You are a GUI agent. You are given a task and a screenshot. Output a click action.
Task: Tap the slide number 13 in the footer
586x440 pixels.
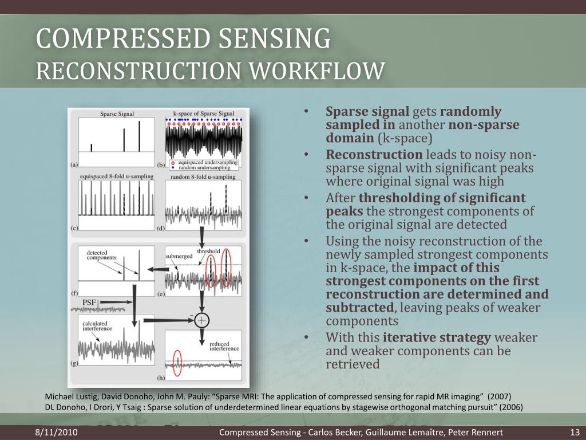click(x=576, y=431)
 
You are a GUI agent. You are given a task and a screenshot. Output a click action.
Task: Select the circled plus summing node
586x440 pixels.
click(x=201, y=320)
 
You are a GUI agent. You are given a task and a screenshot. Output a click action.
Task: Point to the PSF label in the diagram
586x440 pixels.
click(x=89, y=302)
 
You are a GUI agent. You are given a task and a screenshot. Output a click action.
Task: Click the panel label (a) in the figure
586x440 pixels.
click(x=74, y=164)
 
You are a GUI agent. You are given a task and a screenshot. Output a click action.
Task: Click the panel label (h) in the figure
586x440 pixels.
click(x=161, y=378)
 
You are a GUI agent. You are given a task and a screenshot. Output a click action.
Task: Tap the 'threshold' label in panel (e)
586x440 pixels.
click(x=208, y=252)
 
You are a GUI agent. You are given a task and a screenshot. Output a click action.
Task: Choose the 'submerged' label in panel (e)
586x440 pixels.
click(x=179, y=256)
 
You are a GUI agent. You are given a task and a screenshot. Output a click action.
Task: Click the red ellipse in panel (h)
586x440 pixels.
click(x=177, y=363)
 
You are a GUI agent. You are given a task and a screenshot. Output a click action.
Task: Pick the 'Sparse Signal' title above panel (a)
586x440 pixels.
click(x=117, y=113)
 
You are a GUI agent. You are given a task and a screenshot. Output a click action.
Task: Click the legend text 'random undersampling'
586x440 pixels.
click(x=202, y=168)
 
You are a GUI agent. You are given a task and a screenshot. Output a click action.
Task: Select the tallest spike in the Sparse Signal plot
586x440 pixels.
click(x=138, y=135)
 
